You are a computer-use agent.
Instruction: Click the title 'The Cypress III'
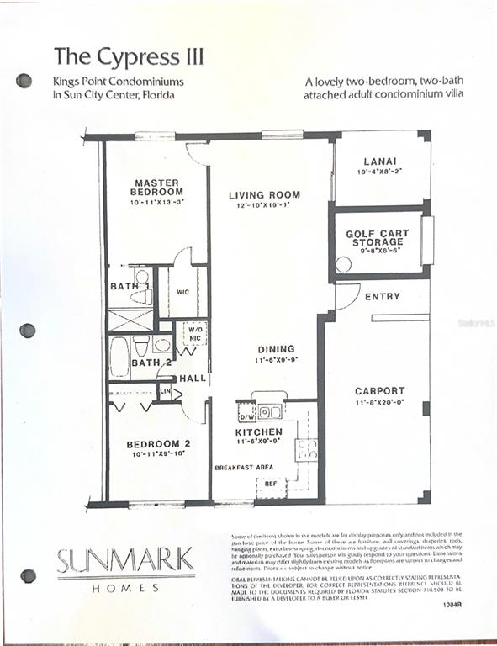click(129, 56)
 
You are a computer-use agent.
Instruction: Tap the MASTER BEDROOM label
click(157, 187)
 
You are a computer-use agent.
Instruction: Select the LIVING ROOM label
click(264, 195)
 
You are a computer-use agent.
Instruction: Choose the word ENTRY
click(383, 297)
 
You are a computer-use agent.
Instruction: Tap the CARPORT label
click(379, 391)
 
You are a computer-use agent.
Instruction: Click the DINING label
click(277, 349)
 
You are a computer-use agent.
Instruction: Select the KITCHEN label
click(259, 432)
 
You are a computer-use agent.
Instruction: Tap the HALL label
click(193, 379)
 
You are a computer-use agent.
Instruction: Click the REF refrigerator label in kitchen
click(271, 484)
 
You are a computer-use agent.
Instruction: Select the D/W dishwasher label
click(246, 416)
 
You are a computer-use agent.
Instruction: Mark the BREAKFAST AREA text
click(243, 467)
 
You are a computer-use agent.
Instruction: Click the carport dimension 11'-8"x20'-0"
click(379, 402)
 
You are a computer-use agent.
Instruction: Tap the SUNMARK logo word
click(125, 560)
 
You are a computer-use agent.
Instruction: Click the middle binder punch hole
click(27, 331)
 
